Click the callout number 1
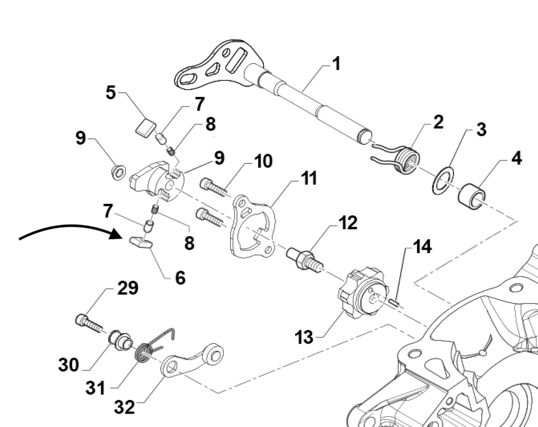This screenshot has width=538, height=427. pyautogui.click(x=336, y=66)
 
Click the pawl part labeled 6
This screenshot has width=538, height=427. pyautogui.click(x=141, y=242)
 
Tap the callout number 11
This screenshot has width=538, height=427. pyautogui.click(x=308, y=179)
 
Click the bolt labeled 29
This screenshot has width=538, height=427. pyautogui.click(x=90, y=323)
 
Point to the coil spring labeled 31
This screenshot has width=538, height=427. pyautogui.click(x=146, y=353)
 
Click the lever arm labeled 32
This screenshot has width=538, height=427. pyautogui.click(x=195, y=358)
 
